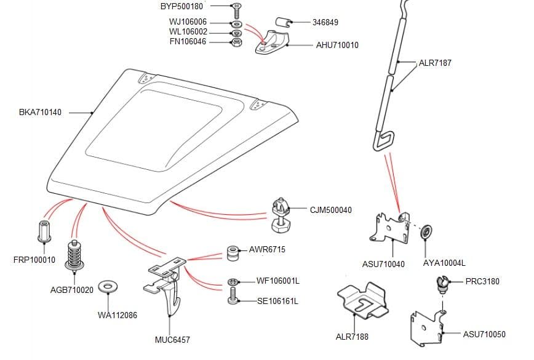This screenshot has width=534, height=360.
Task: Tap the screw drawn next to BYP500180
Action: coord(236,10)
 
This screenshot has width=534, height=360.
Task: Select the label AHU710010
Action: coord(337,46)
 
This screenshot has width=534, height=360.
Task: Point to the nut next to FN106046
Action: coord(236,42)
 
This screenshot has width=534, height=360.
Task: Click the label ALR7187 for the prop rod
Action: coord(435,63)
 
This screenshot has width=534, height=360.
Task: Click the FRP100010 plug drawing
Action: coord(44,230)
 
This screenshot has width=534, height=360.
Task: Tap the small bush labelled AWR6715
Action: coord(233,252)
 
